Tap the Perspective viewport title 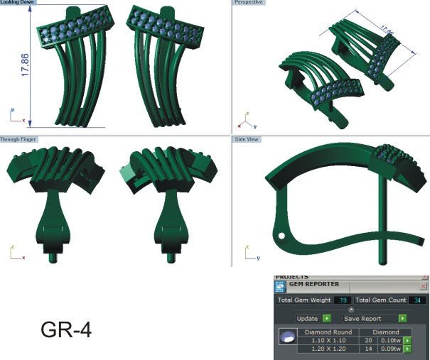tap(248, 3)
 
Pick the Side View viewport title tap(247, 139)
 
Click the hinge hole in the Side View tap(281, 235)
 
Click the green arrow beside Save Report tap(402, 319)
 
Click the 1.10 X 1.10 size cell tap(328, 340)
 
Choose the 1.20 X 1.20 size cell tap(328, 349)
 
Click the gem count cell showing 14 tap(367, 349)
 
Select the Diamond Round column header tap(328, 332)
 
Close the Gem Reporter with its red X tap(424, 286)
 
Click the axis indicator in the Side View tap(248, 253)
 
